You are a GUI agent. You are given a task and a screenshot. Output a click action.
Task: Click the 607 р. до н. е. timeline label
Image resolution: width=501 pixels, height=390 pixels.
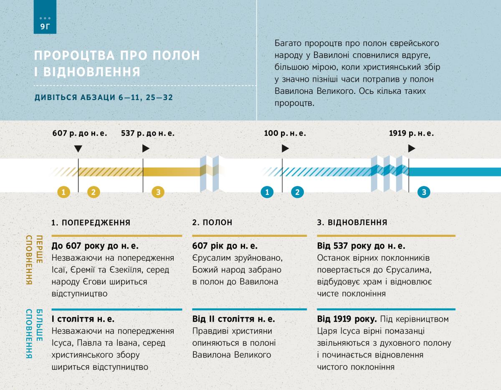[x=80, y=133]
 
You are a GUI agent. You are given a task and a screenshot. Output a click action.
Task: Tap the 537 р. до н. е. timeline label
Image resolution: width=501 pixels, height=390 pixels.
[x=148, y=133]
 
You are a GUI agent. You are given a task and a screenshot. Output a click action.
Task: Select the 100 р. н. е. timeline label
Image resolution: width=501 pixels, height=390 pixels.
[x=285, y=133]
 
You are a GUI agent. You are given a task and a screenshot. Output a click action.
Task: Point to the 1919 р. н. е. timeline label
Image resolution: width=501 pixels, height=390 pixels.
[x=411, y=133]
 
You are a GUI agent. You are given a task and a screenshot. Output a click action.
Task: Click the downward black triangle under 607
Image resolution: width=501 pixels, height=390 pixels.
[x=78, y=148]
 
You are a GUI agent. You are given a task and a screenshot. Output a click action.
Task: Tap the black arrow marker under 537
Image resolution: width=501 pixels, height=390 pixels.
[x=146, y=148]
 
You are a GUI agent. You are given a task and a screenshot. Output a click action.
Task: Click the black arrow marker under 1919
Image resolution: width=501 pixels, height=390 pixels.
[x=412, y=148]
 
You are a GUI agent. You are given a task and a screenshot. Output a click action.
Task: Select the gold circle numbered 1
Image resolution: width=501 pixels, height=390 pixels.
[x=63, y=192]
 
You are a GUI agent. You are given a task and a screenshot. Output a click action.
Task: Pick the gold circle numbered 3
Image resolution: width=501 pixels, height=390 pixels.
[x=158, y=192]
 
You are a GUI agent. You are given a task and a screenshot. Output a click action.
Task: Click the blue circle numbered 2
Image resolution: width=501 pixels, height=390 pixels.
[x=297, y=192]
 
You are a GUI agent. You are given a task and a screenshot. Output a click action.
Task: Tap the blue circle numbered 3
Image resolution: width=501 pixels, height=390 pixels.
[x=424, y=192]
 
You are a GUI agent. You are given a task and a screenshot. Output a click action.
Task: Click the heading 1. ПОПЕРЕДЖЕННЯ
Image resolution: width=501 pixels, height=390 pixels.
[x=91, y=223]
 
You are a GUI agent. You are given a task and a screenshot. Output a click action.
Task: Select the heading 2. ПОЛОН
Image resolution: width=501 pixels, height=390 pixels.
[x=212, y=223]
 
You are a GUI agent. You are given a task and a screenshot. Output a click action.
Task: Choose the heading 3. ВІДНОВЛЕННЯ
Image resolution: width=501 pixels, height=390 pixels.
[x=352, y=223]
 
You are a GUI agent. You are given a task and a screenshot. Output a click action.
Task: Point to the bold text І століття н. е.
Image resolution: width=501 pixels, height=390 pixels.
[x=83, y=320]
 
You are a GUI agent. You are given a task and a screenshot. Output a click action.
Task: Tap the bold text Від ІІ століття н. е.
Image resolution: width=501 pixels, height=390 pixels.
[x=233, y=320]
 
